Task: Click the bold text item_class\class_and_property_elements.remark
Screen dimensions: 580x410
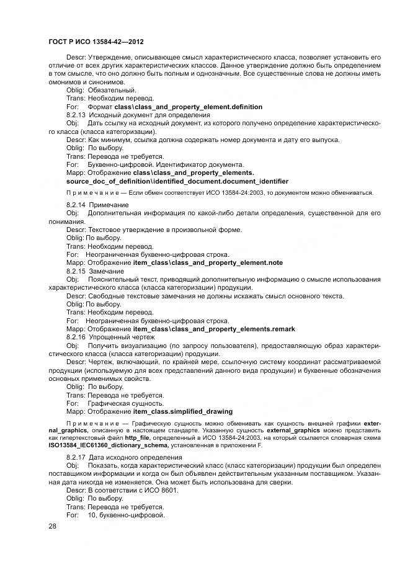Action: [214, 329]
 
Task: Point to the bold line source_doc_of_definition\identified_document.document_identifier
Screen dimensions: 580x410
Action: [177, 181]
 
